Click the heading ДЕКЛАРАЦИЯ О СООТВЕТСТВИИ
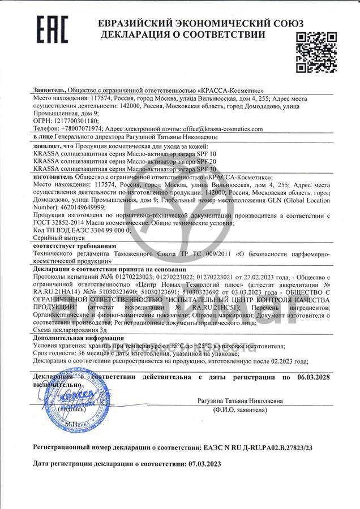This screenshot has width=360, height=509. [x=183, y=34]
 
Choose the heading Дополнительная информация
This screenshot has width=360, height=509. [x=78, y=337]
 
